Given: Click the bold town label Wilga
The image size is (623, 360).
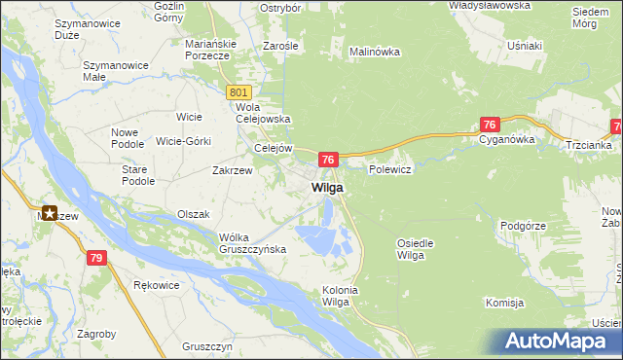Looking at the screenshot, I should tap(326, 188).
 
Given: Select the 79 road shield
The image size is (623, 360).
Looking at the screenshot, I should tap(95, 258).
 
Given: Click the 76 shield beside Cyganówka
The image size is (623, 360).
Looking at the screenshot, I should tap(490, 125).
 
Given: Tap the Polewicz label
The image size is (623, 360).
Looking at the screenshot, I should tap(391, 169).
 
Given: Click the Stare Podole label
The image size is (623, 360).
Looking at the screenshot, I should tap(137, 175).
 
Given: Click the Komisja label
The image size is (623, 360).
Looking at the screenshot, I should tap(504, 304).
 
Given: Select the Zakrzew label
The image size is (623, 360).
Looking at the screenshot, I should tap(233, 170).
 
